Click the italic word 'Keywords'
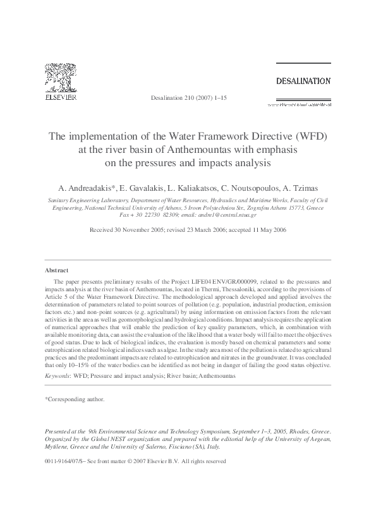pyautogui.click(x=57, y=375)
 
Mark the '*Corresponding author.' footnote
pyautogui.click(x=75, y=399)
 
